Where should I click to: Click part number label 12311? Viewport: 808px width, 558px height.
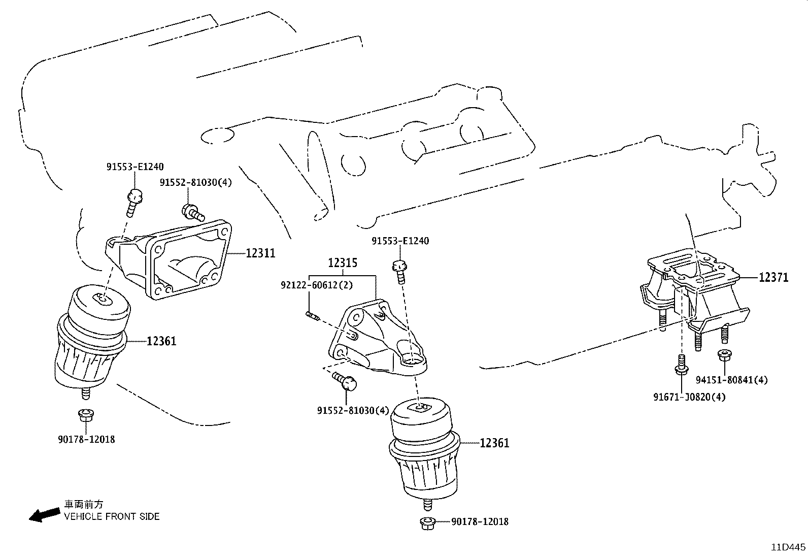(x=260, y=252)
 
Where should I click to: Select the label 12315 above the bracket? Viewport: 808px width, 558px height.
(x=342, y=263)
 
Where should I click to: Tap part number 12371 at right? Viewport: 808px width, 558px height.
(x=773, y=277)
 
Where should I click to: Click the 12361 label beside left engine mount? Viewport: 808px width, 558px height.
(x=161, y=341)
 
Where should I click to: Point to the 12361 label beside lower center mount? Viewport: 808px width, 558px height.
(x=494, y=443)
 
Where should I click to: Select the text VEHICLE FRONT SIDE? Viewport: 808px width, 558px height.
(x=111, y=517)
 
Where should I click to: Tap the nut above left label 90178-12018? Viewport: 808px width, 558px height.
(x=85, y=415)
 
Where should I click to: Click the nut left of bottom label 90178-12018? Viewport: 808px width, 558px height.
(x=427, y=522)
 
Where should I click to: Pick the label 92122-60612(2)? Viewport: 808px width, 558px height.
(x=316, y=285)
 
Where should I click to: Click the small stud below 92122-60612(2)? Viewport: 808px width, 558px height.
(x=312, y=316)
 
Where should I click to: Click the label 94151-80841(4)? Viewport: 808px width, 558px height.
(x=731, y=380)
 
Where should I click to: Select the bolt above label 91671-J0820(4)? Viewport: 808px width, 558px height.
(x=681, y=366)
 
